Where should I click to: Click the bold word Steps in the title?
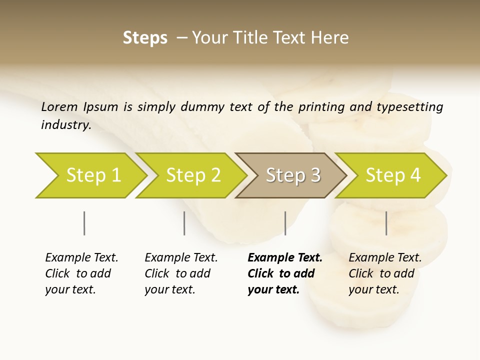[145, 38]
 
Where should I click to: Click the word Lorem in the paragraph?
[59, 106]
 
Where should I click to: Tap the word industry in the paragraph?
[65, 124]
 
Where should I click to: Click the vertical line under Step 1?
[84, 223]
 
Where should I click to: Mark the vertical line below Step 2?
[184, 223]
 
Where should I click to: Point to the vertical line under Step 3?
[285, 223]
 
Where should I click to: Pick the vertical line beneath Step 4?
[386, 223]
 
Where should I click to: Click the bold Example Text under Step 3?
[285, 257]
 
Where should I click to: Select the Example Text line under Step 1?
[81, 257]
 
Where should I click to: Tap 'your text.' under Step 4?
[373, 289]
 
